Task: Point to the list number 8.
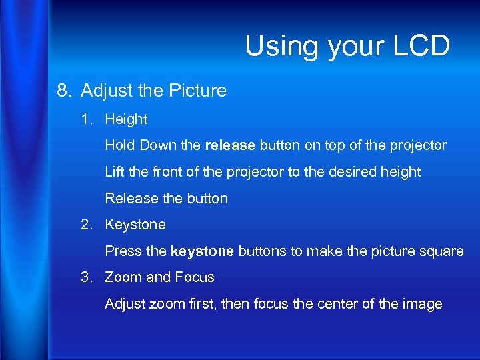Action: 64,90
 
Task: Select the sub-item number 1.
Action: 85,119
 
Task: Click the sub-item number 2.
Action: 85,225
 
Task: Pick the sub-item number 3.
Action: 85,277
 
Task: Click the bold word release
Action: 231,145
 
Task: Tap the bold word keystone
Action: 202,251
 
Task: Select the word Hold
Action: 119,145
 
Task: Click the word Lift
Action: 114,172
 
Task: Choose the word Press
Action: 121,251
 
